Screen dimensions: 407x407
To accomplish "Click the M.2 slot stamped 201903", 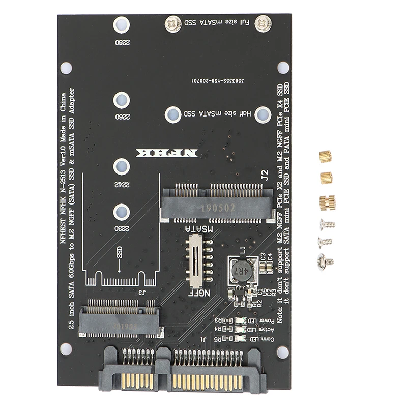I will (x=122, y=319).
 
